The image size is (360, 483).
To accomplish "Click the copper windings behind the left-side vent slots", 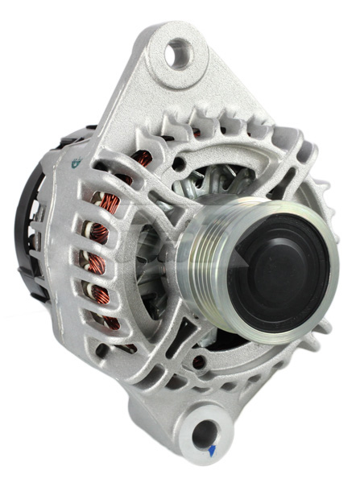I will click(x=109, y=242).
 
